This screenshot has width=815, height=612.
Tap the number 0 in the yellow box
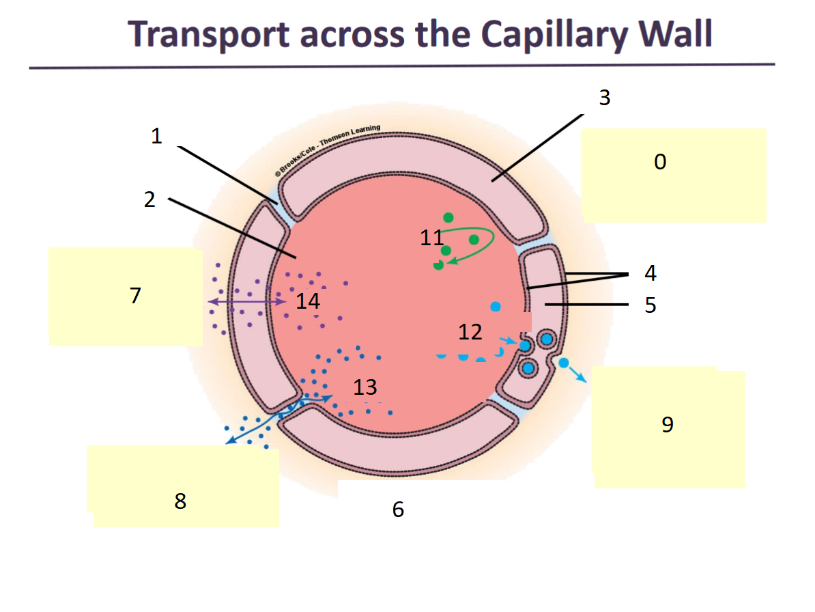[x=659, y=162]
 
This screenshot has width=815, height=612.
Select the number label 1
[x=156, y=136]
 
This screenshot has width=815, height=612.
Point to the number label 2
[x=149, y=199]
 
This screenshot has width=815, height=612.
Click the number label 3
[x=604, y=98]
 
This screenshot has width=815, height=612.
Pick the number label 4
[x=650, y=273]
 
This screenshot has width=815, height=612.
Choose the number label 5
[x=650, y=305]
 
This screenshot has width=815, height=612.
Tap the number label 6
[x=398, y=509]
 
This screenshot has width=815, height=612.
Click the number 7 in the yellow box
[x=135, y=296]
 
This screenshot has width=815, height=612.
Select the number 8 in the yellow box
[x=180, y=501]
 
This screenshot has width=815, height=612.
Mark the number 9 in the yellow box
[x=668, y=425]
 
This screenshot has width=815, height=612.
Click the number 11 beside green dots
[x=431, y=238]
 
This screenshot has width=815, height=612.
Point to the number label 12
[x=470, y=332]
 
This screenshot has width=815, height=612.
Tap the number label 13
[x=365, y=387]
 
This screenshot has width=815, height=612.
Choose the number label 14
[x=308, y=301]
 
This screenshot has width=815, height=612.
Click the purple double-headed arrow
[x=246, y=301]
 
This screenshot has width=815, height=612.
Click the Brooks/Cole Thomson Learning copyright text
[x=328, y=150]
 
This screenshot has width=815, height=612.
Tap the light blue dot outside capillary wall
[x=564, y=363]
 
